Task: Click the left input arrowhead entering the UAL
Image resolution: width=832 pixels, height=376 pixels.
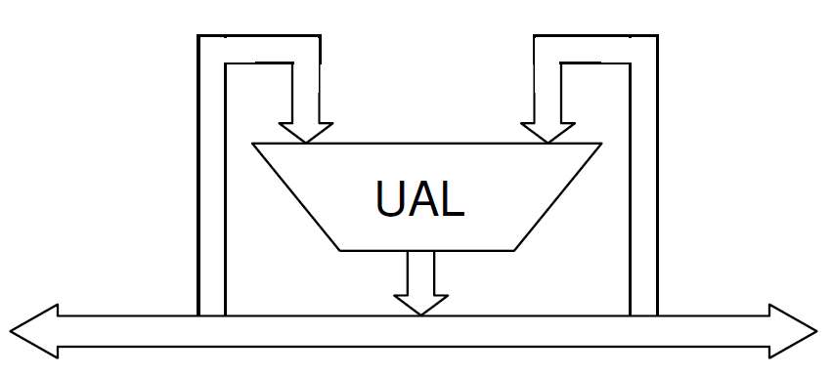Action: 306,133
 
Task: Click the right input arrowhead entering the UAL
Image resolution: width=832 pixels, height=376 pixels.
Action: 547,133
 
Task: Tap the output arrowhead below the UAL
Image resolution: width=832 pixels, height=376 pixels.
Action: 421,304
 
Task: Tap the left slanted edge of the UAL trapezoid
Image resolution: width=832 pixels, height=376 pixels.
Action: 296,196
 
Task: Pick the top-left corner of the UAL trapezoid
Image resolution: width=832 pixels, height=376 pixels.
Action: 253,144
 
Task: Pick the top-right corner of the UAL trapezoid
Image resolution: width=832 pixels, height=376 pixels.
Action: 600,144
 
